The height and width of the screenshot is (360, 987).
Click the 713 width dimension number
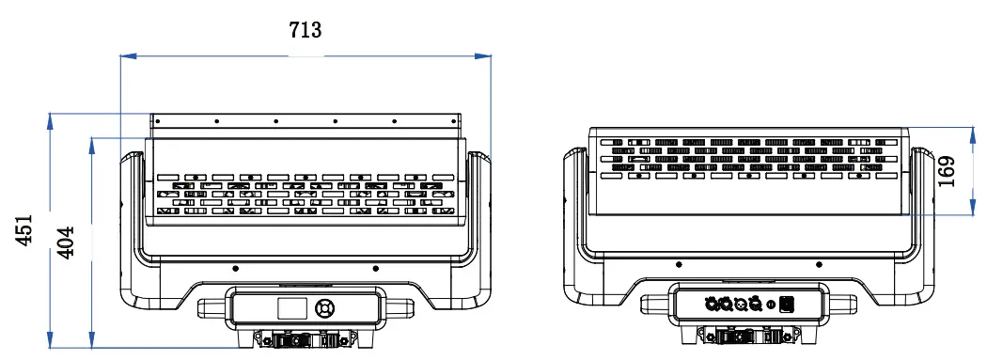[x=305, y=29]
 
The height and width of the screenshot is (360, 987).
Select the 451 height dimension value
[x=23, y=229]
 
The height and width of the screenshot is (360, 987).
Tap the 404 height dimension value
[x=66, y=242]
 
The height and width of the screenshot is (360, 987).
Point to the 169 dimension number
[x=946, y=171]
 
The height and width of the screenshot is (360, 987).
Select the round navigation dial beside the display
[x=325, y=308]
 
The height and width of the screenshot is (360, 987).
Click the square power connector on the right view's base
[x=786, y=304]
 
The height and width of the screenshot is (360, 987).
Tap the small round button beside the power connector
[x=771, y=305]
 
